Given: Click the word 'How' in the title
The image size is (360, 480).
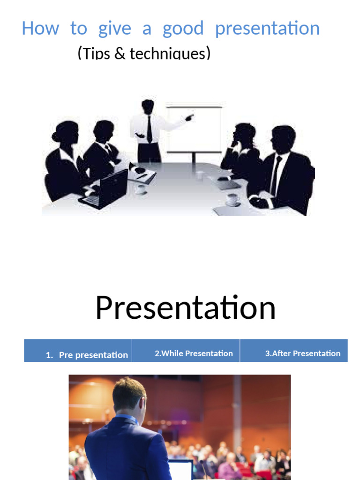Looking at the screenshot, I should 40,29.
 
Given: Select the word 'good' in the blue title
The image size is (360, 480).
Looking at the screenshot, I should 183,29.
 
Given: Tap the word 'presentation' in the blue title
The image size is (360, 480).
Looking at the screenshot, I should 267,29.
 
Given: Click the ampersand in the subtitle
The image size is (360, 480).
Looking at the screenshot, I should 120,53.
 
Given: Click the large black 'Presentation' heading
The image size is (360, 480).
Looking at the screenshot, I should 185,308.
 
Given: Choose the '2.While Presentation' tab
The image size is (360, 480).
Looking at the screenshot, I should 194,353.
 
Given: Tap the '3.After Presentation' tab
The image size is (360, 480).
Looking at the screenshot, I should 303,353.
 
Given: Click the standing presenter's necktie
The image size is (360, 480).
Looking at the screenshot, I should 149,129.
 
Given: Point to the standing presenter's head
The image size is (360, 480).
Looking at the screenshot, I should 148,106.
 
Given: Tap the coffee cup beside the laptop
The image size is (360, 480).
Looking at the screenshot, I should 141,189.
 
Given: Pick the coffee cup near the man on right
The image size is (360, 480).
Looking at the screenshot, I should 232,199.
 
